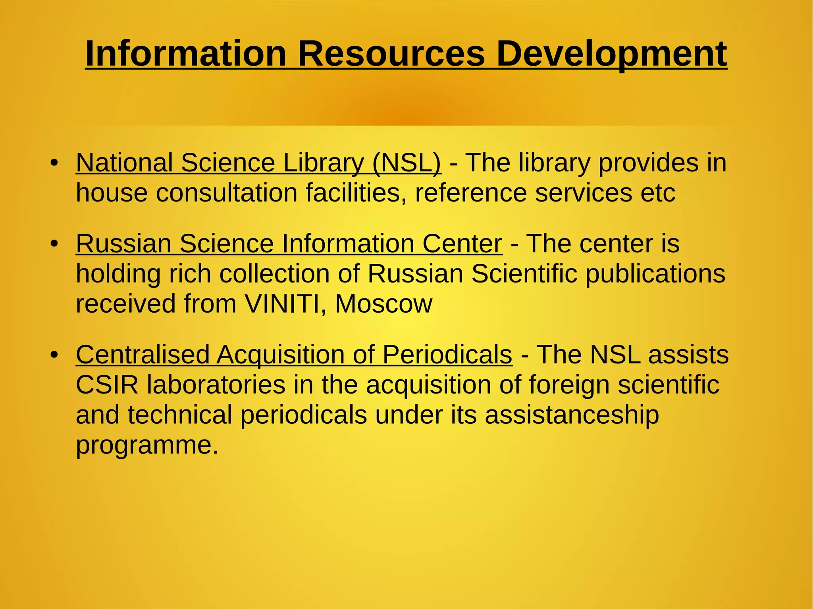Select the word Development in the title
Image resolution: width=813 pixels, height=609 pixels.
point(611,54)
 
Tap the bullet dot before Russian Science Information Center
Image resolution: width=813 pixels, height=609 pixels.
point(54,243)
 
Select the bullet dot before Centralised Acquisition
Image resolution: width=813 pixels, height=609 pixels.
point(54,354)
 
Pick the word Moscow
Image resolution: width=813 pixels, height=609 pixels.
point(383,304)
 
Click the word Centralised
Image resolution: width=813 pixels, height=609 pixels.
point(143,354)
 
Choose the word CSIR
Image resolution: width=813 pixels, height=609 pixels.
point(107,384)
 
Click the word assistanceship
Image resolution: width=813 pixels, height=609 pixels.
point(572,415)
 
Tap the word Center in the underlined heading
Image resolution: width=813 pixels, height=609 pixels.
point(462,243)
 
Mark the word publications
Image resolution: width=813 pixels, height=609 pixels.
point(655,274)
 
